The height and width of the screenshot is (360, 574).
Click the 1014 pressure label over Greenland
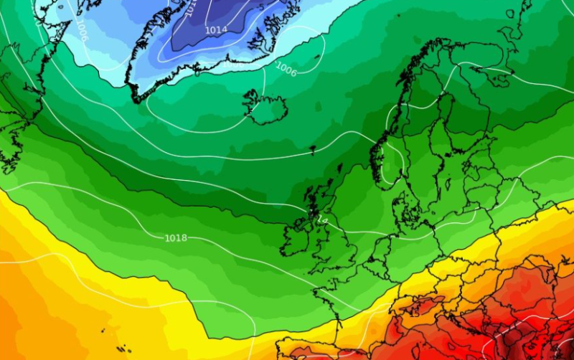click(217, 29)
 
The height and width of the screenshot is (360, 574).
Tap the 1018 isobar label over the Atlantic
click(176, 237)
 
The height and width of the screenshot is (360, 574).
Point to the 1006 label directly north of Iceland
click(286, 69)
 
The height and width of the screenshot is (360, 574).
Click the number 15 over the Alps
click(415, 313)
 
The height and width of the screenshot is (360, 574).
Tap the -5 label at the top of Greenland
click(191, 9)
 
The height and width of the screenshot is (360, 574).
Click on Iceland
click(266, 108)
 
